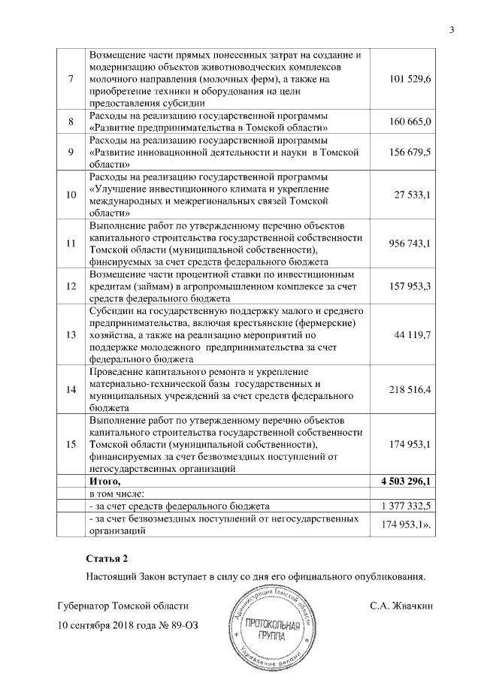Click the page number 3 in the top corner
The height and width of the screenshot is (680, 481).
click(452, 30)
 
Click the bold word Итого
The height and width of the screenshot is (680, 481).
click(104, 481)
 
